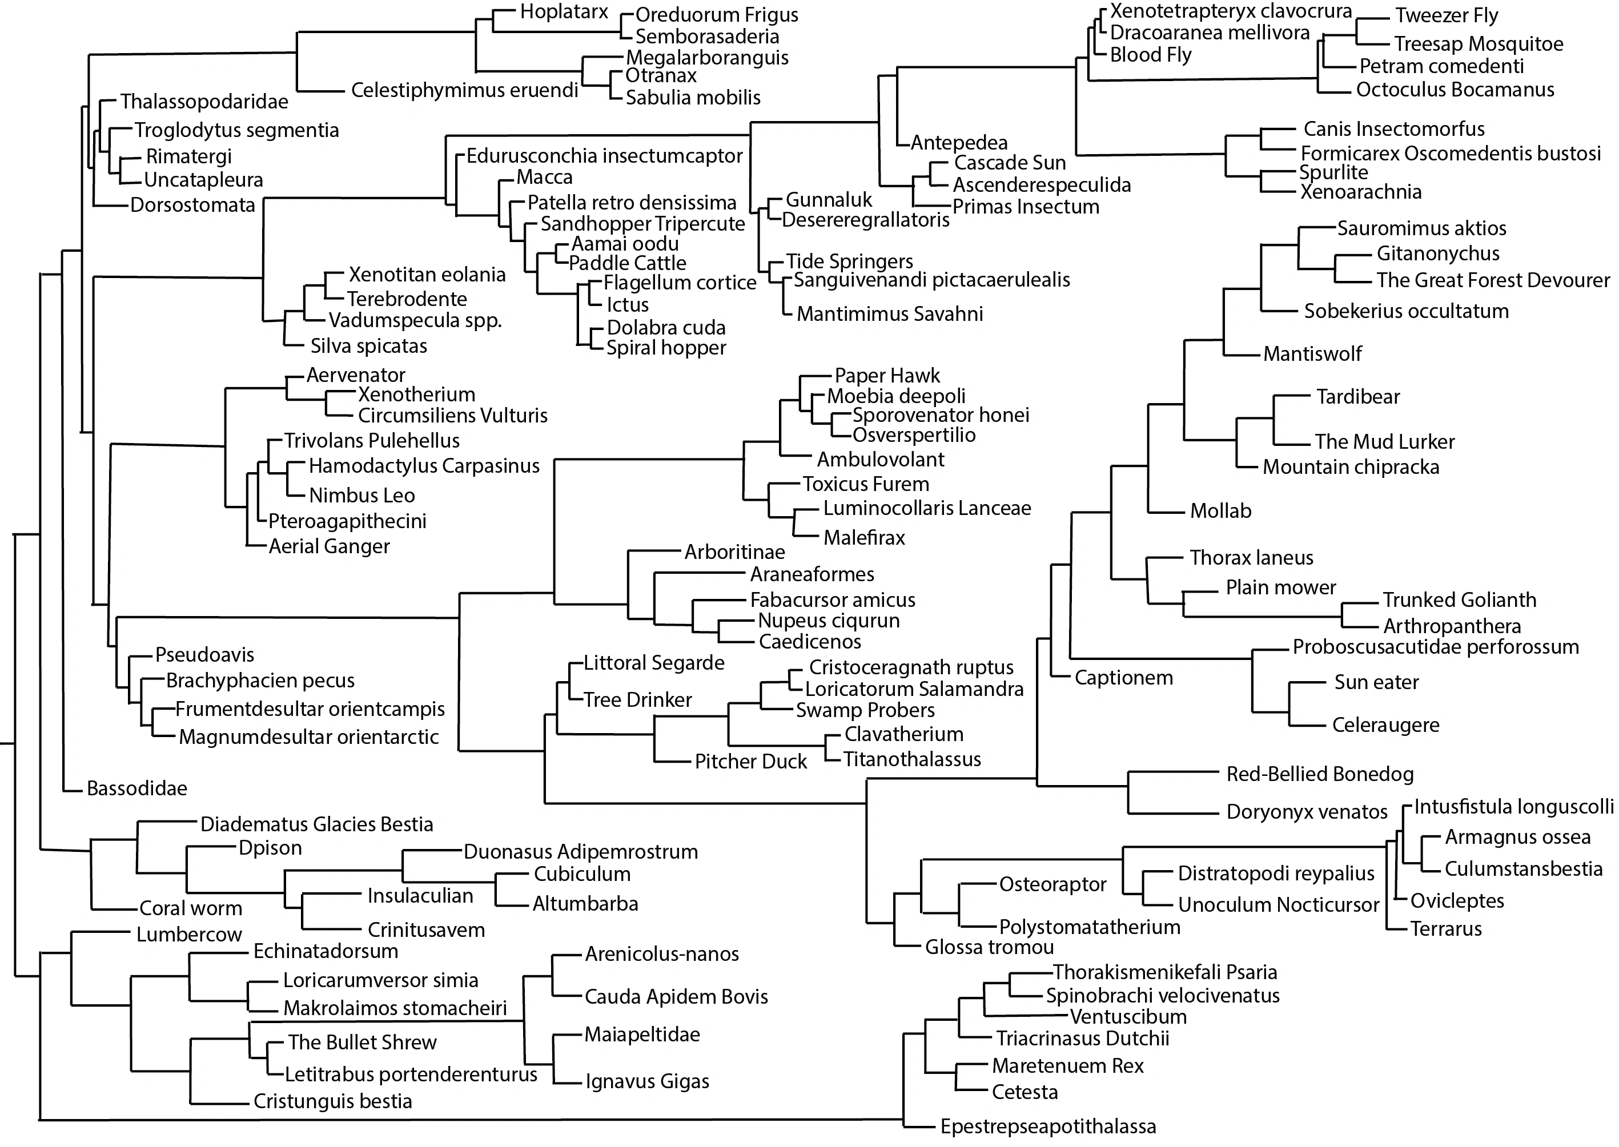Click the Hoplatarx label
point(564,12)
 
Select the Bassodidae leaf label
point(137,788)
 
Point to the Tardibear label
point(1357,397)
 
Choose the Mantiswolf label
point(1312,354)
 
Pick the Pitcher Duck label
point(750,762)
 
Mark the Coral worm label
point(191,908)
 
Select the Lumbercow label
point(189,935)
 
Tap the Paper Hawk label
point(887,376)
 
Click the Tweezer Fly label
point(1447,15)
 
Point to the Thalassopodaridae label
point(204,102)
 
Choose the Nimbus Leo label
point(361,496)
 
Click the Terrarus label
point(1446,929)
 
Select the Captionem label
point(1124,678)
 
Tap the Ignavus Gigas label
point(647,1081)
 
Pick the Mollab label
point(1220,510)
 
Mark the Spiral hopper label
point(666,348)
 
